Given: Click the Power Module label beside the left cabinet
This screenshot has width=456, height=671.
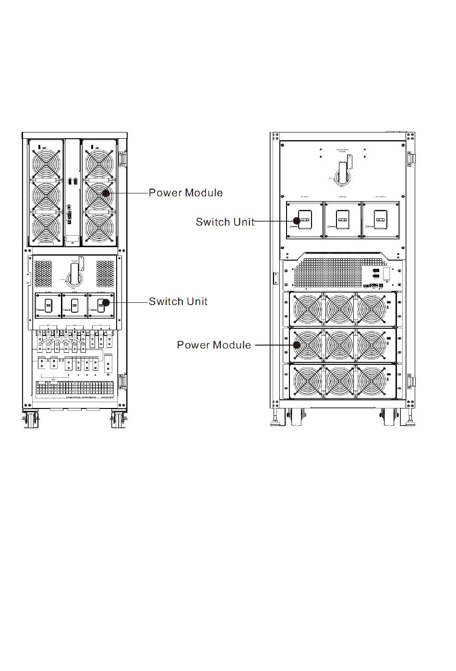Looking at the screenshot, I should (185, 192).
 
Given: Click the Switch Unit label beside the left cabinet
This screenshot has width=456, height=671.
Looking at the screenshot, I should (178, 301).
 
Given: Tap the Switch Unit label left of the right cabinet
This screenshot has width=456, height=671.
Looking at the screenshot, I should (225, 222).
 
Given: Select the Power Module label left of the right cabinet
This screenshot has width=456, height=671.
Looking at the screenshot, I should (214, 345).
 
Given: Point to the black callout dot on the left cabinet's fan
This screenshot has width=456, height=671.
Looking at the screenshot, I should (106, 193).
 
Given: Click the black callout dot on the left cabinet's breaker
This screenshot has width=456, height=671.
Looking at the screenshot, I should (106, 302).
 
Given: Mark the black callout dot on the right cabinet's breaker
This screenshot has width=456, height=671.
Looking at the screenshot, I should (297, 221).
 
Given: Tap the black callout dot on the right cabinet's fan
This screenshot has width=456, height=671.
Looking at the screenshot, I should (297, 345).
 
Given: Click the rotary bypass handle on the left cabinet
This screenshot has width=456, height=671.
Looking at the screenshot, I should (75, 273).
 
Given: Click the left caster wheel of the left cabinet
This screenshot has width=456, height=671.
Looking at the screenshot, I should (33, 420).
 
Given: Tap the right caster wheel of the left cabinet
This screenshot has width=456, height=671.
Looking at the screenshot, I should (117, 420).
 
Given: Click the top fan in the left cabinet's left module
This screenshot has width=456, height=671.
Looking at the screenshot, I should (46, 164).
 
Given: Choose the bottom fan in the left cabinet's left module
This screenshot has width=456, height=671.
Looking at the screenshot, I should (46, 228).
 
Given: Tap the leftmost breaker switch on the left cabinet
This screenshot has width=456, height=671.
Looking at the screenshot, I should (48, 305).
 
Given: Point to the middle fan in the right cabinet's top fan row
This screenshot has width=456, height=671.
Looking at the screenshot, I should (339, 309).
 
